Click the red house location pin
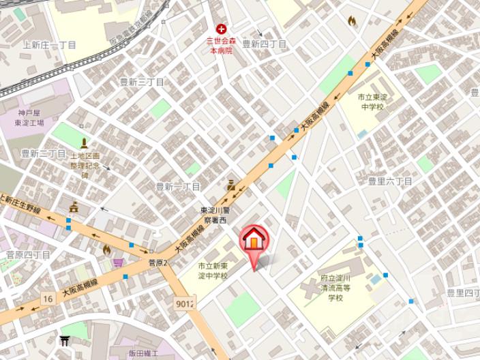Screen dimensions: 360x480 click(254, 241)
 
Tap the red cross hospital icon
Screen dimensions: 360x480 click(221, 29)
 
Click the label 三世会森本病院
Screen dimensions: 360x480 click(220, 46)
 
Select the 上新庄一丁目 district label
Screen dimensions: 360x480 click(49, 45)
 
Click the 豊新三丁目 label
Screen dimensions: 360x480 click(142, 82)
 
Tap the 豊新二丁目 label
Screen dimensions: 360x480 click(43, 153)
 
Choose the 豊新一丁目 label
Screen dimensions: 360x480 click(178, 186)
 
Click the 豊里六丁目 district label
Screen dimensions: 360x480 click(390, 181)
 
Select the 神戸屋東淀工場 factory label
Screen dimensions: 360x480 click(30, 117)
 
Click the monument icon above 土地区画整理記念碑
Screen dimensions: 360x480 click(84, 143)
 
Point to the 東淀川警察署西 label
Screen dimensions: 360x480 click(217, 215)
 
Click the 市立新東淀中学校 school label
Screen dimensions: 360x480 click(213, 271)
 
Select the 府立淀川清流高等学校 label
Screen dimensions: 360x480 click(335, 288)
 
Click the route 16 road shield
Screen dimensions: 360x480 click(47, 298)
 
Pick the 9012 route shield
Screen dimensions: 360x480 click(185, 304)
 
